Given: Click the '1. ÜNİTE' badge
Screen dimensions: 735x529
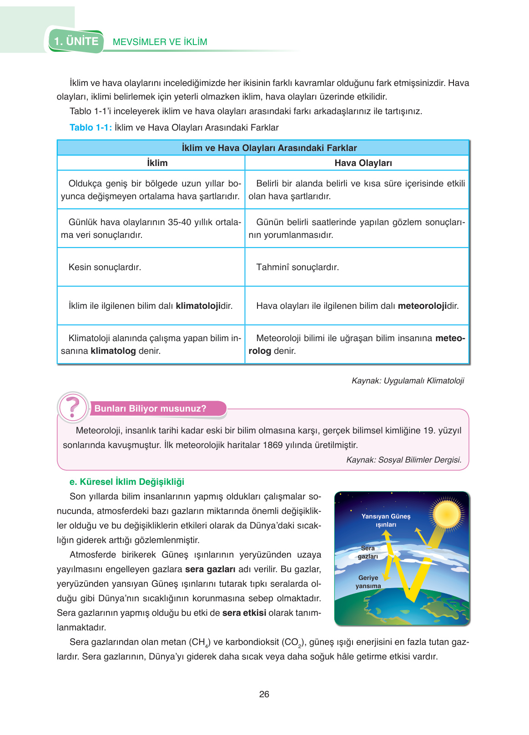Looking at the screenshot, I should [x=76, y=41].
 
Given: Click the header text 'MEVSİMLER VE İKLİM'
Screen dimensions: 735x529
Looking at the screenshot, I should [x=160, y=42].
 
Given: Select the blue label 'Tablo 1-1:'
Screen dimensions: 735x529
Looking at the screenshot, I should [x=91, y=127].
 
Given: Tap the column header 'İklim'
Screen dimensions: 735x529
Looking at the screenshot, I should [x=157, y=163].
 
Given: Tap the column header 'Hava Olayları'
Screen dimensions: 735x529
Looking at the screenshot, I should [x=363, y=163].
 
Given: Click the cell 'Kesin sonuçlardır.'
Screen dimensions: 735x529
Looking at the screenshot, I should [x=105, y=267].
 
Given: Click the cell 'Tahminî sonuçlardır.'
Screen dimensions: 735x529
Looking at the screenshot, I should [x=297, y=267].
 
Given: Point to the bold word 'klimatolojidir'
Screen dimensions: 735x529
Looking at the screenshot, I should [x=204, y=306].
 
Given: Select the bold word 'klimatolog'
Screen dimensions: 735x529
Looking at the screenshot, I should [x=113, y=351].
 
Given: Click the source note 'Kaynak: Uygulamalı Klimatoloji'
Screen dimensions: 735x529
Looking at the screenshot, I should [x=408, y=380].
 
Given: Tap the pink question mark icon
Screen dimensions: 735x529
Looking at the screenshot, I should [x=73, y=408].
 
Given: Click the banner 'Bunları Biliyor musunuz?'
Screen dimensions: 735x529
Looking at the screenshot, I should [x=150, y=408].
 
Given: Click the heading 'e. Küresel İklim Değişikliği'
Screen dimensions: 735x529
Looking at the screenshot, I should [x=127, y=482].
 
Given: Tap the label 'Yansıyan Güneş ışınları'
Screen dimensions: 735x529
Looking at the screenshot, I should [x=386, y=520].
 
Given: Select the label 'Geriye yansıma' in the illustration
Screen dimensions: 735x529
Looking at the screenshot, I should [x=368, y=582].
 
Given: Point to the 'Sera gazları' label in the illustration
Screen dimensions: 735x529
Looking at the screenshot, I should [x=368, y=552].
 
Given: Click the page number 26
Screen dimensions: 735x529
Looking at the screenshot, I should [x=264, y=694].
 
